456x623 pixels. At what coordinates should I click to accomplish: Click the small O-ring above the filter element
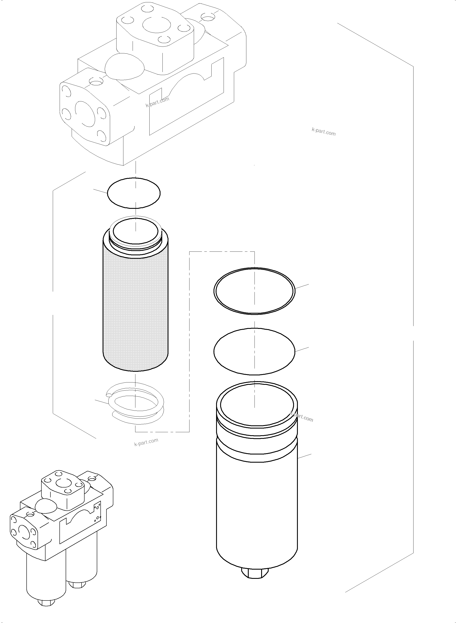pyautogui.click(x=134, y=193)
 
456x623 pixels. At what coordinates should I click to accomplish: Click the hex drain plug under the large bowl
pyautogui.click(x=255, y=572)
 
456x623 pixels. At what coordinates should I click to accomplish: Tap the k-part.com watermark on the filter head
pyautogui.click(x=157, y=102)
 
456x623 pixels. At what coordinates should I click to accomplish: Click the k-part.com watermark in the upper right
pyautogui.click(x=324, y=132)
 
